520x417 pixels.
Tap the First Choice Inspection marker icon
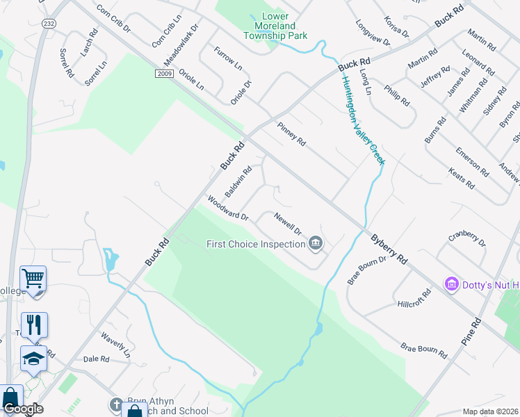pyautogui.click(x=316, y=243)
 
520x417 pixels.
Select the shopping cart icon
pyautogui.click(x=33, y=279)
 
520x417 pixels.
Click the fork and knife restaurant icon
pyautogui.click(x=33, y=324)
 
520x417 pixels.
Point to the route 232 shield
pyautogui.click(x=48, y=23)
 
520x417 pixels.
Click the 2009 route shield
pyautogui.click(x=163, y=73)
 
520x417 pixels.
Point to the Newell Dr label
pyautogui.click(x=287, y=223)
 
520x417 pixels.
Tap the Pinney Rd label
pyautogui.click(x=291, y=133)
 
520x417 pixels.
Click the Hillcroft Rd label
pyautogui.click(x=414, y=298)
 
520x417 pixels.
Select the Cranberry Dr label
pyautogui.click(x=467, y=238)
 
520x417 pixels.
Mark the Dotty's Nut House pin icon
pyautogui.click(x=452, y=284)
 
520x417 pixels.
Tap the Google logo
pyautogui.click(x=23, y=409)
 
